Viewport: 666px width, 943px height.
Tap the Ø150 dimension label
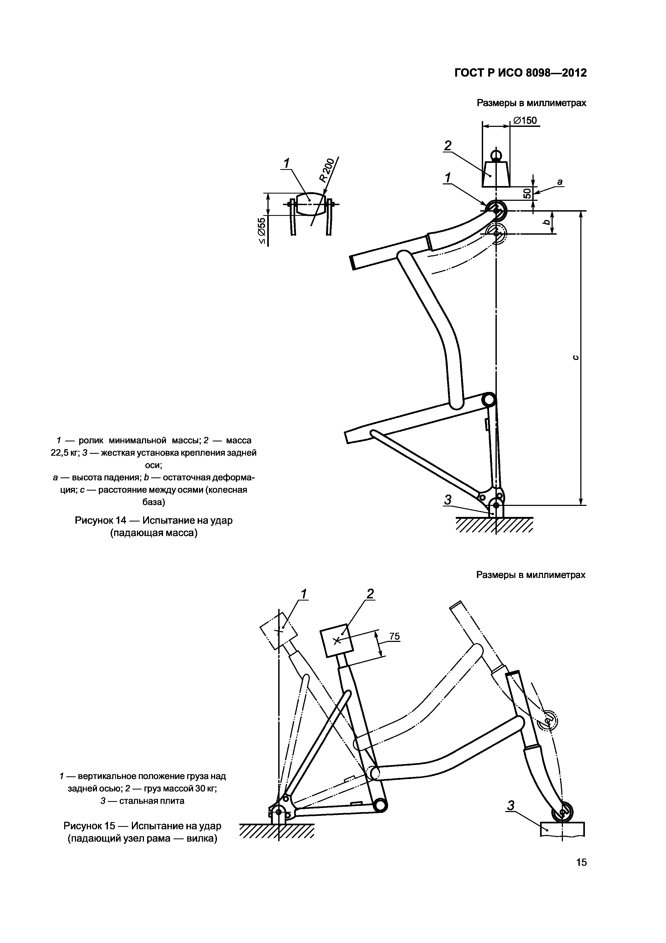[x=525, y=120]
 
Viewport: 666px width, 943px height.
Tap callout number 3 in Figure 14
[x=448, y=500]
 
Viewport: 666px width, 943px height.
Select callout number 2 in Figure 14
[x=447, y=145]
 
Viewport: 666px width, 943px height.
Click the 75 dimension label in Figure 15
[x=394, y=637]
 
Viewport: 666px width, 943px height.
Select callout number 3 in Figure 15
[x=511, y=806]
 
